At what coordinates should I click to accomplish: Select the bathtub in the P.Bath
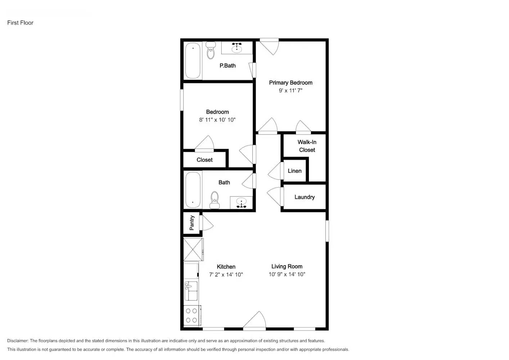(193, 60)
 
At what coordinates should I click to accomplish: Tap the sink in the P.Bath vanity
(237, 48)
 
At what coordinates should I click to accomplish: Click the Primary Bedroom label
(290, 82)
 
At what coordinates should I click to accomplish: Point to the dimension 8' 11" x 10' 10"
(217, 120)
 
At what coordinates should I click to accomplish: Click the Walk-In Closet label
(307, 146)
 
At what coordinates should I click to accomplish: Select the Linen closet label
(294, 171)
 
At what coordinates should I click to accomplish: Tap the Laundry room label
(305, 197)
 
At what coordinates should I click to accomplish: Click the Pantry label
(192, 223)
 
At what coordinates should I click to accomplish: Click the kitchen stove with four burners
(192, 315)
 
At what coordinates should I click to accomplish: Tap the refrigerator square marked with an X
(193, 249)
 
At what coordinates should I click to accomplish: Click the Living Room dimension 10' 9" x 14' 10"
(287, 274)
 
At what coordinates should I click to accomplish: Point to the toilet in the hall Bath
(215, 200)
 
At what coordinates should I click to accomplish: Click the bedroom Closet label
(204, 160)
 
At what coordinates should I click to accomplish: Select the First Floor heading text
(20, 23)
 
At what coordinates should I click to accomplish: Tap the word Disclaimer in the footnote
(18, 341)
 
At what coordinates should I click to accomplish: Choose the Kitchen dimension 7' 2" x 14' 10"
(226, 275)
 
